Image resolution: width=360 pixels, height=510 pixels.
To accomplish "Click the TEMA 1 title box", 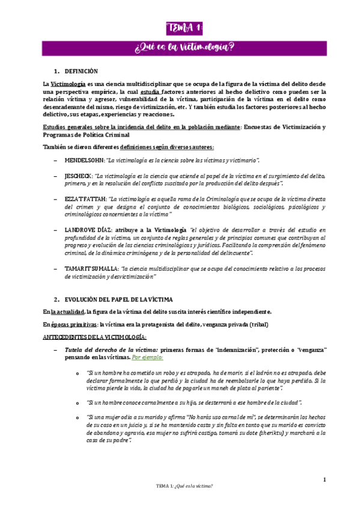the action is pos(185,28).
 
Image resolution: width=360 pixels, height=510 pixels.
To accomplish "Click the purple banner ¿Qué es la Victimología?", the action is pos(185,46).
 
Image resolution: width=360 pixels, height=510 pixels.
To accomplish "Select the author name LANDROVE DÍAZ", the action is pos(88,230).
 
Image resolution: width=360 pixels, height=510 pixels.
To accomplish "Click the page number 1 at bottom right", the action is pos(324,479).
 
